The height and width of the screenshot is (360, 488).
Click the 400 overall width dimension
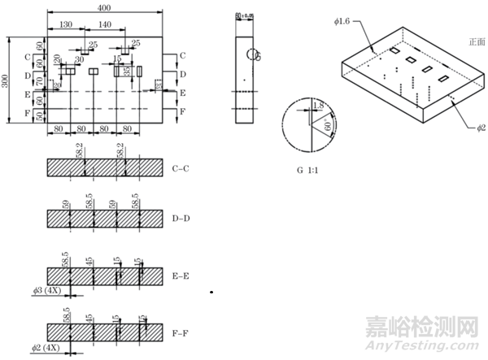pyautogui.click(x=104, y=7)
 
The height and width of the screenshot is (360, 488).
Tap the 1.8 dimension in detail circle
pyautogui.click(x=319, y=106)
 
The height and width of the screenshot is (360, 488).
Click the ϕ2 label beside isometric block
pyautogui.click(x=482, y=128)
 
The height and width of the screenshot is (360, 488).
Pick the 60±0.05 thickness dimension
pyautogui.click(x=245, y=15)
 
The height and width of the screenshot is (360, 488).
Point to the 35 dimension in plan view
pyautogui.click(x=128, y=72)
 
